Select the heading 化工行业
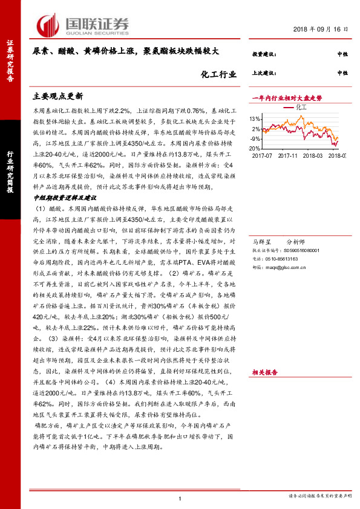click(x=216, y=74)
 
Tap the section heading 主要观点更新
click(x=57, y=96)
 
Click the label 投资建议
click(x=263, y=54)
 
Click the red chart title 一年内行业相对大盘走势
click(x=287, y=97)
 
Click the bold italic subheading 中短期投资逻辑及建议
click(x=64, y=197)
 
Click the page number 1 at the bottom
click(x=180, y=498)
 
